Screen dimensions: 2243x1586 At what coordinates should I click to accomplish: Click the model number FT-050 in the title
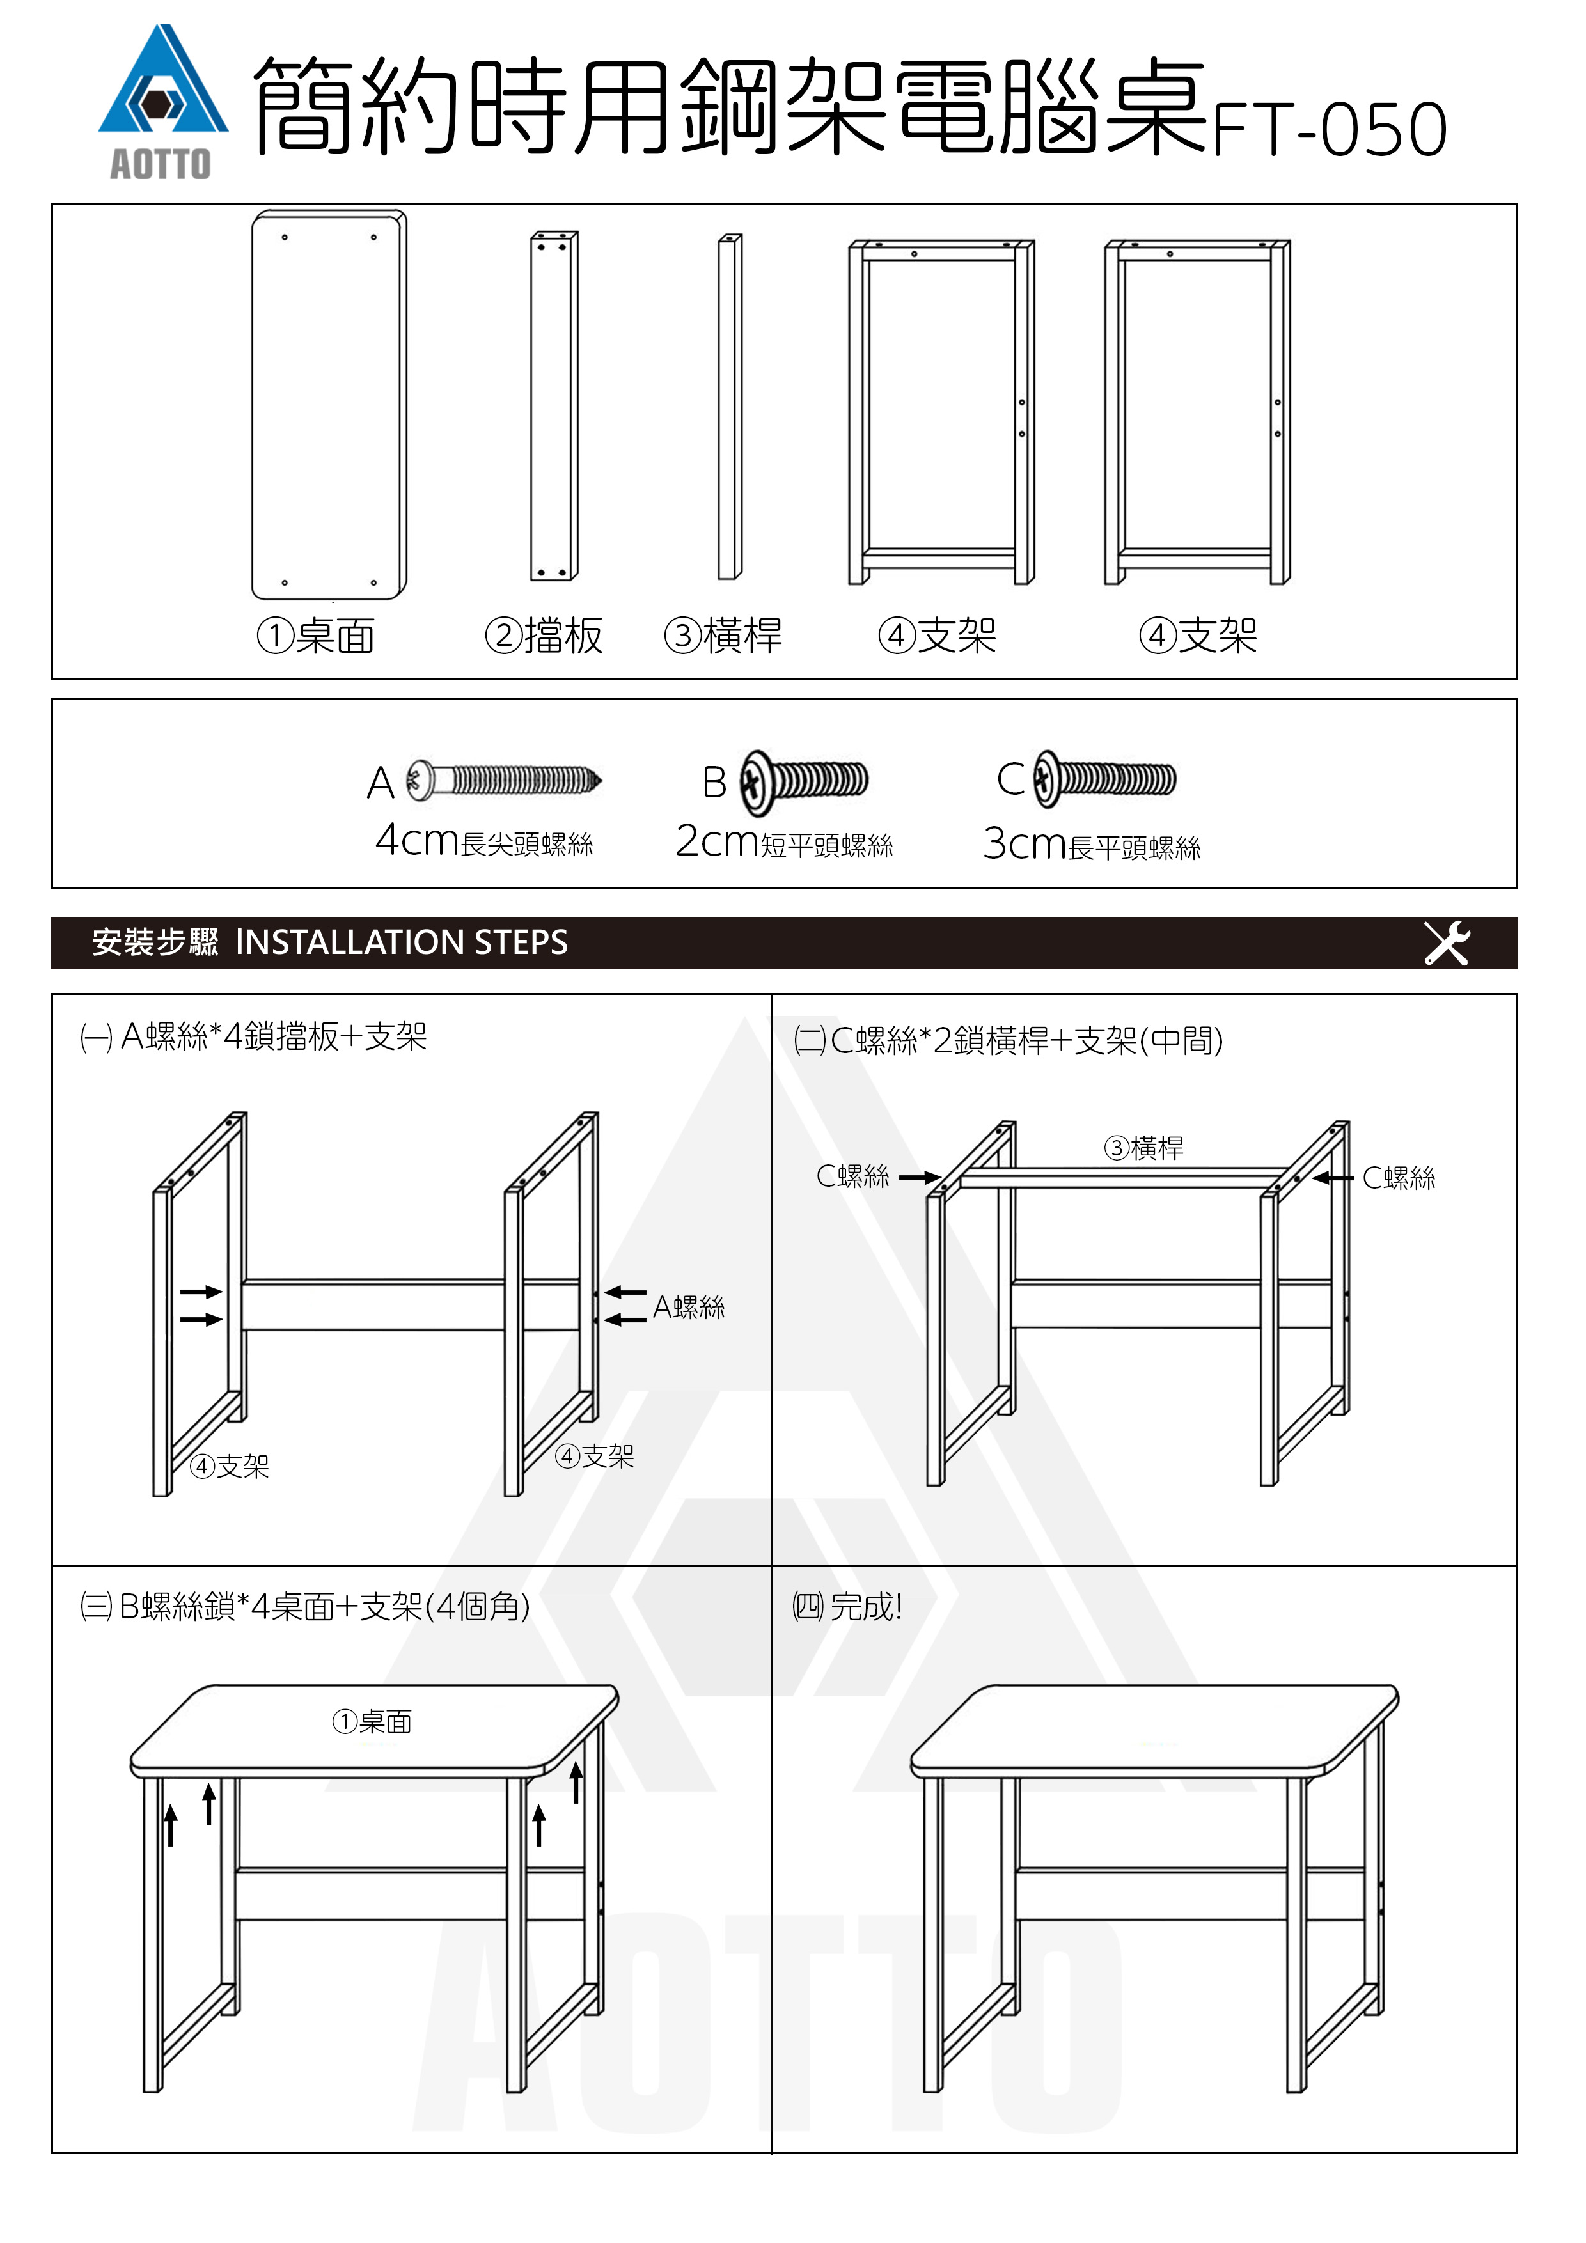click(x=1328, y=130)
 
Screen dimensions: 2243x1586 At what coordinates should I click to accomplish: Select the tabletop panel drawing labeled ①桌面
click(x=328, y=405)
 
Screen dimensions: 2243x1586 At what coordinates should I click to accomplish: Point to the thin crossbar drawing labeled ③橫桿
click(x=730, y=407)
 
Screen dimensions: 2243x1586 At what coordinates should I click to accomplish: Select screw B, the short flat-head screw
click(x=803, y=781)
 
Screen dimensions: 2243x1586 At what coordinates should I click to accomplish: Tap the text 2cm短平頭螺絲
click(x=783, y=842)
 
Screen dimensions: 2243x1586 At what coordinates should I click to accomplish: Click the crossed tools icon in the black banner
click(x=1446, y=942)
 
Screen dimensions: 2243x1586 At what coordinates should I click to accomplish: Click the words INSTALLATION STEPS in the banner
click(x=402, y=942)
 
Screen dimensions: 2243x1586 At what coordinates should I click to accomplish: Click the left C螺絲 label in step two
click(x=853, y=1176)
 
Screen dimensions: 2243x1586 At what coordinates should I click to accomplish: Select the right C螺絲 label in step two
click(x=1399, y=1178)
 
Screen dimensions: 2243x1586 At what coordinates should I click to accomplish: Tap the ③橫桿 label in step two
click(x=1143, y=1148)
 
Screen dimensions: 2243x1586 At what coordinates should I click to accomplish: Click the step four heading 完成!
click(x=865, y=1607)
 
